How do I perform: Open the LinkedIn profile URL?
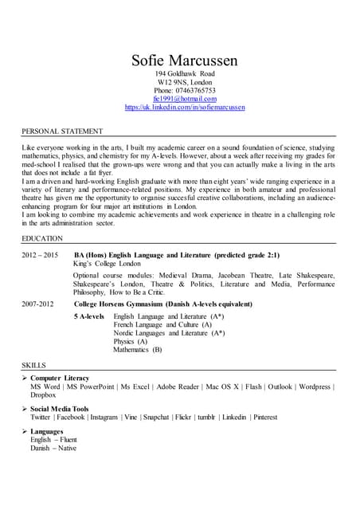pyautogui.click(x=185, y=107)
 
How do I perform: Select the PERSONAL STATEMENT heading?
pyautogui.click(x=62, y=131)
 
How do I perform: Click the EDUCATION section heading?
pyautogui.click(x=42, y=238)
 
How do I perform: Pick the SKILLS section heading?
pyautogui.click(x=35, y=364)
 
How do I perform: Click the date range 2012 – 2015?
pyautogui.click(x=40, y=255)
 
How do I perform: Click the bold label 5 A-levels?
pyautogui.click(x=89, y=316)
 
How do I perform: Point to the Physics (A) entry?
pyautogui.click(x=131, y=341)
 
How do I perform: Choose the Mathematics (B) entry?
pyautogui.click(x=137, y=349)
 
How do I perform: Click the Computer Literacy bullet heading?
pyautogui.click(x=60, y=378)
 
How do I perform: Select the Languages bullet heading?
pyautogui.click(x=49, y=431)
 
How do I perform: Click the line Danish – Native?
pyautogui.click(x=53, y=448)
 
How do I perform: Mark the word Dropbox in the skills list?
pyautogui.click(x=43, y=394)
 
